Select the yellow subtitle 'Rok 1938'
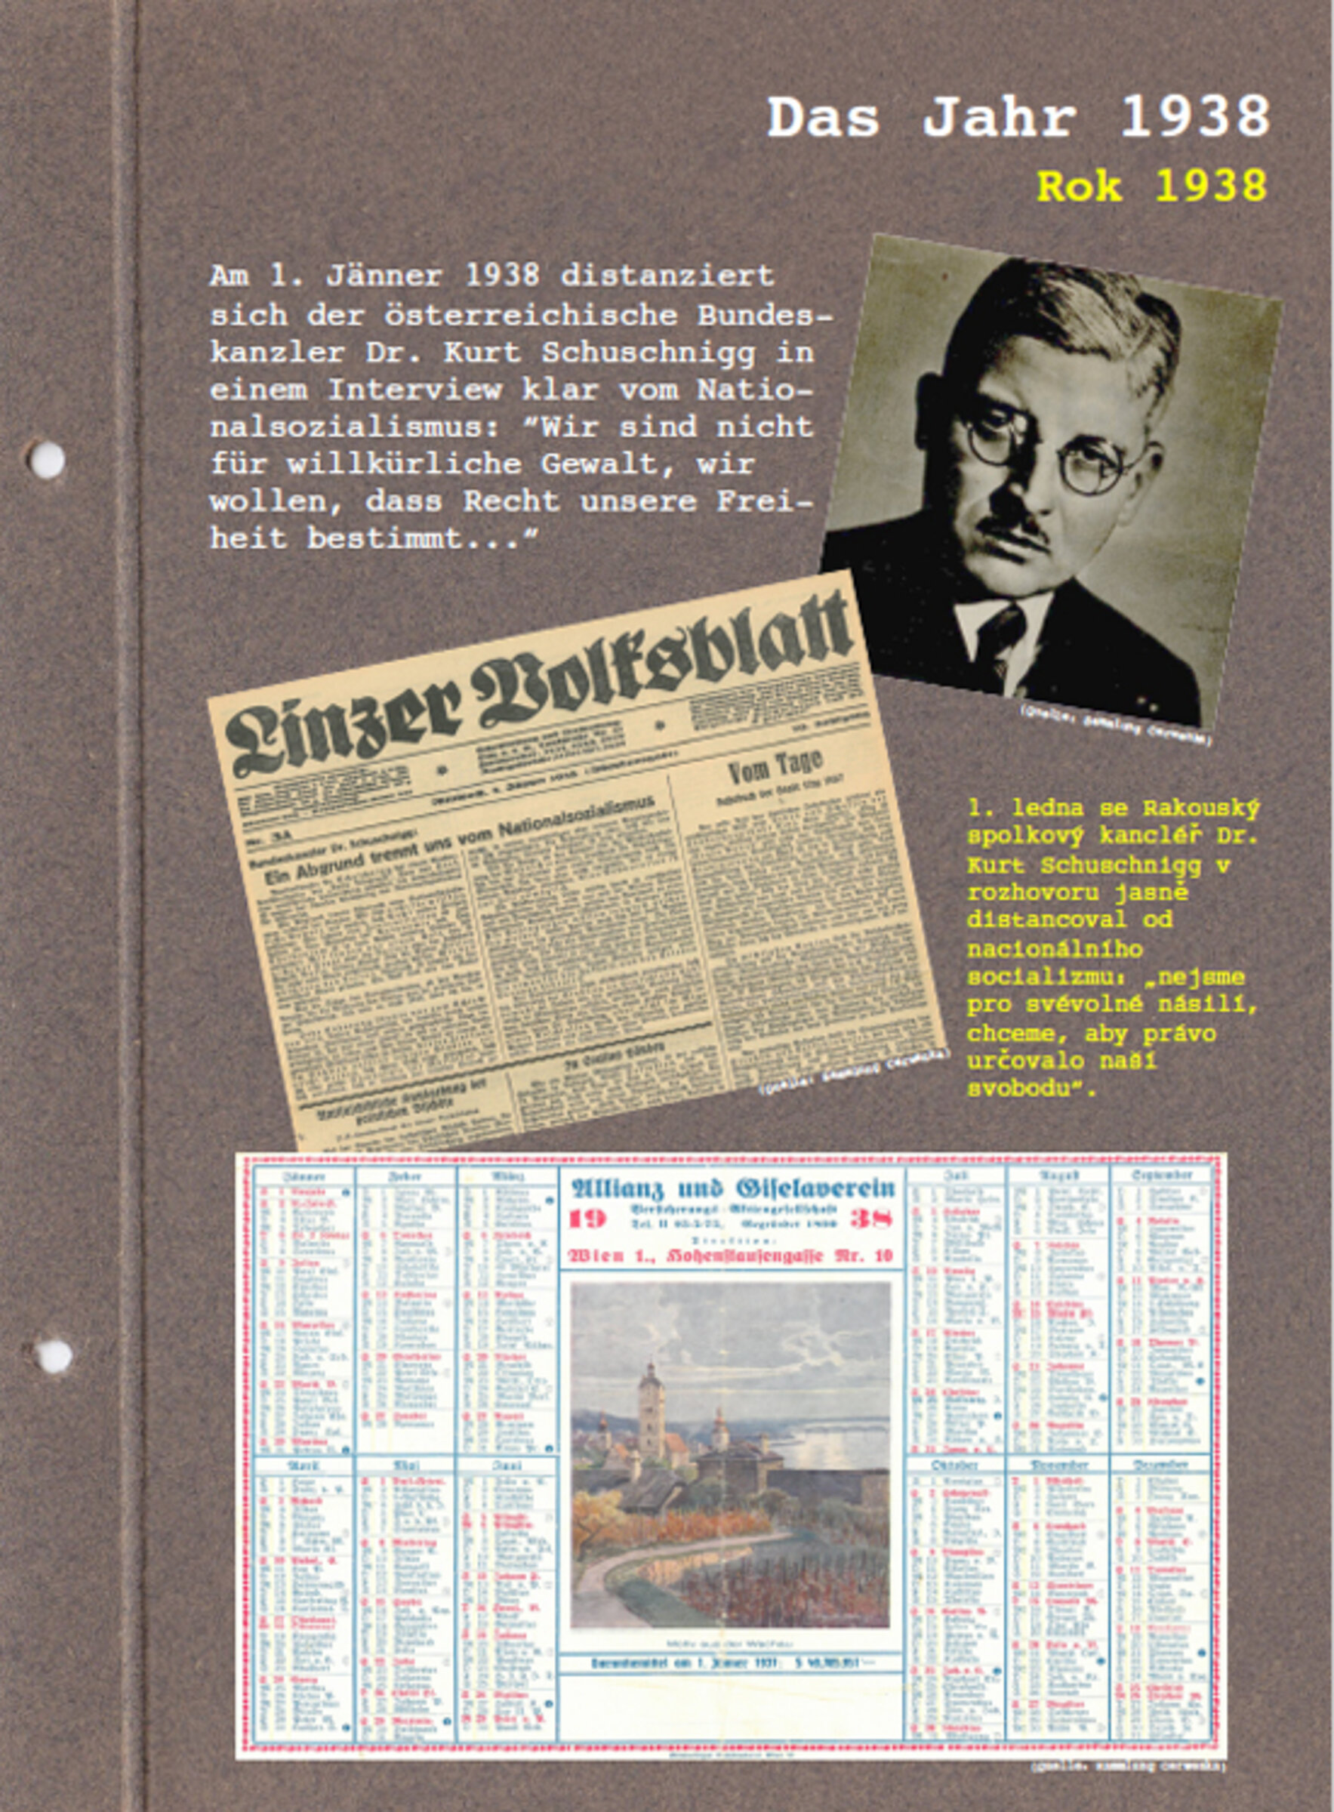coord(1151,186)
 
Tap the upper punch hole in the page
coord(46,460)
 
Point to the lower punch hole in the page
coord(53,1355)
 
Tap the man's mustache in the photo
coord(1014,530)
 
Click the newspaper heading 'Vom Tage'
coord(775,768)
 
